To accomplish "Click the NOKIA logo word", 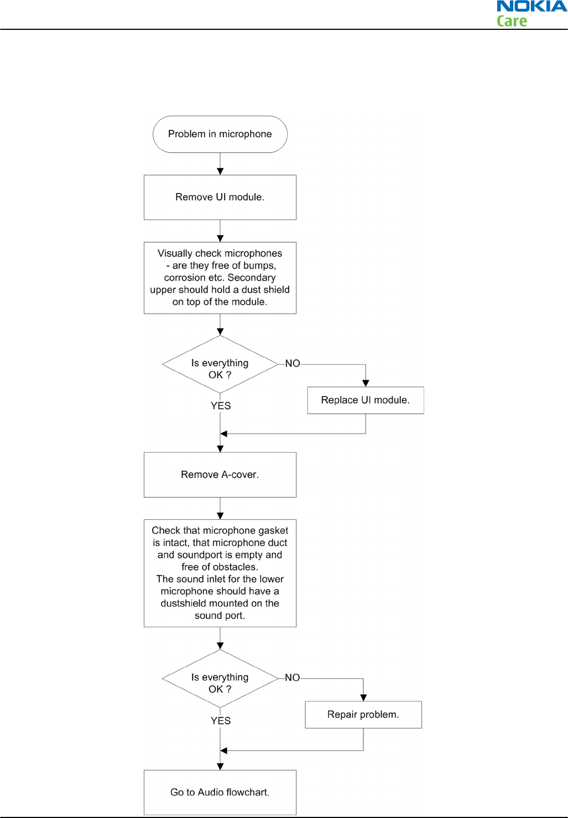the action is click(x=531, y=6).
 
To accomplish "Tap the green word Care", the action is click(x=512, y=21).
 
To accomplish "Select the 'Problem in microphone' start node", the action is click(x=220, y=134).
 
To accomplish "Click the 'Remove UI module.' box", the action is click(x=220, y=197).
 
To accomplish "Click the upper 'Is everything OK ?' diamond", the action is click(x=220, y=364).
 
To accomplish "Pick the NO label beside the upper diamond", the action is click(x=293, y=363).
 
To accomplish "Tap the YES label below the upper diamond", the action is click(x=221, y=406).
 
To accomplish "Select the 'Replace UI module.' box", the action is click(x=366, y=400).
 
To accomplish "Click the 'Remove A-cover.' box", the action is click(x=220, y=475).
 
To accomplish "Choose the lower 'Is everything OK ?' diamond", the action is click(x=220, y=679).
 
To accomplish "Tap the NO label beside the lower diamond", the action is click(x=292, y=678).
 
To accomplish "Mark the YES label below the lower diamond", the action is click(x=221, y=721).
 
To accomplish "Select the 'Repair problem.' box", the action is click(x=363, y=715).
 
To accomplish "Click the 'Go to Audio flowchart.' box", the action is click(x=220, y=793).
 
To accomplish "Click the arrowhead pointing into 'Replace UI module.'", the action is click(x=366, y=383).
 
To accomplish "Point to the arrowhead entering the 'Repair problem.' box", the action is click(x=363, y=697).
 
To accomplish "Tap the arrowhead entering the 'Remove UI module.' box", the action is click(x=220, y=171).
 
